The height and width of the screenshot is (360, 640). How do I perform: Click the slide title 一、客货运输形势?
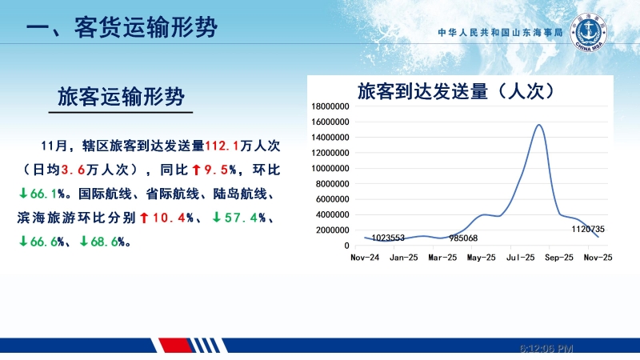point(121,30)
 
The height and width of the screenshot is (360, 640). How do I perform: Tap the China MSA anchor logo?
point(591,34)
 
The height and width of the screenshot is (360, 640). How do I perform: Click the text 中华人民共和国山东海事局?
point(501,34)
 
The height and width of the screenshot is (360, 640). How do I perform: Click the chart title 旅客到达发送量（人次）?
point(456,90)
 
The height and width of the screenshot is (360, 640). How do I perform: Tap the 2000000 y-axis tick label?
point(330,230)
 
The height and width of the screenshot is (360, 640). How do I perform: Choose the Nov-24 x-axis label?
point(364,258)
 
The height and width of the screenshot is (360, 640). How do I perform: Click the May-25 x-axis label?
point(481,258)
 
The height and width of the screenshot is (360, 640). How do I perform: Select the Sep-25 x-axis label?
point(558,258)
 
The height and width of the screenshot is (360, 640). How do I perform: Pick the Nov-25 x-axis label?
point(597,258)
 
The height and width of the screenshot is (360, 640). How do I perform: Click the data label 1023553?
point(388,238)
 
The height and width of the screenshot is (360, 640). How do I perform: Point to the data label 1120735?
point(588,229)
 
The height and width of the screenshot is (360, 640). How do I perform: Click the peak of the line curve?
point(538,125)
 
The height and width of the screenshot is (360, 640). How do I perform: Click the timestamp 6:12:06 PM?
point(546,349)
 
